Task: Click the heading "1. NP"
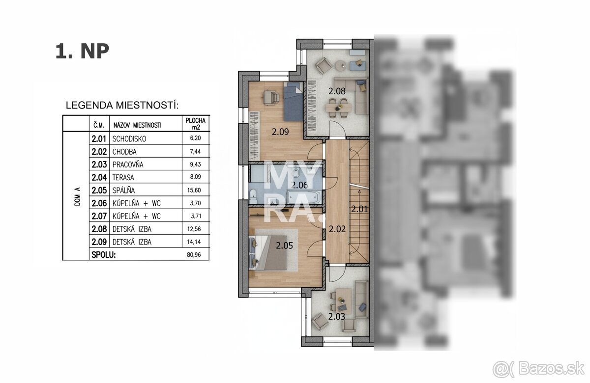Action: click(82, 52)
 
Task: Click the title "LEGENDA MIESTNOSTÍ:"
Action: click(122, 106)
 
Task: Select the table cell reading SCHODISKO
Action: click(129, 139)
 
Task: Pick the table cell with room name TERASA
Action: click(123, 177)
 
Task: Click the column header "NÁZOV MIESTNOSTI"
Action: click(137, 125)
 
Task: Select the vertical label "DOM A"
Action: click(77, 196)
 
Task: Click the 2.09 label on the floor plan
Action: click(281, 131)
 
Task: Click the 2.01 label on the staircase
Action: click(359, 209)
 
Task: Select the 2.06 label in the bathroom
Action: click(299, 185)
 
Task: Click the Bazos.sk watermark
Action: click(545, 367)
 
